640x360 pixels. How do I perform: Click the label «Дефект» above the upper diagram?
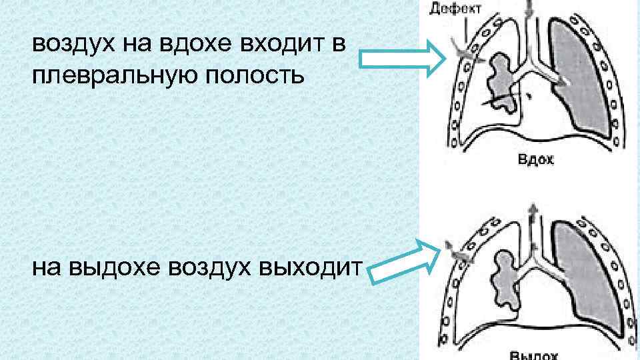(451, 9)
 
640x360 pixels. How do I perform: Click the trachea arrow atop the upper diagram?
(530, 8)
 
